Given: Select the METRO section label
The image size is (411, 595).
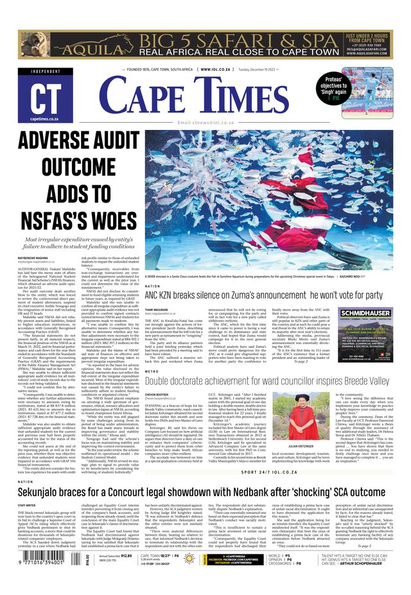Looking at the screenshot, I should coord(152,371).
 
